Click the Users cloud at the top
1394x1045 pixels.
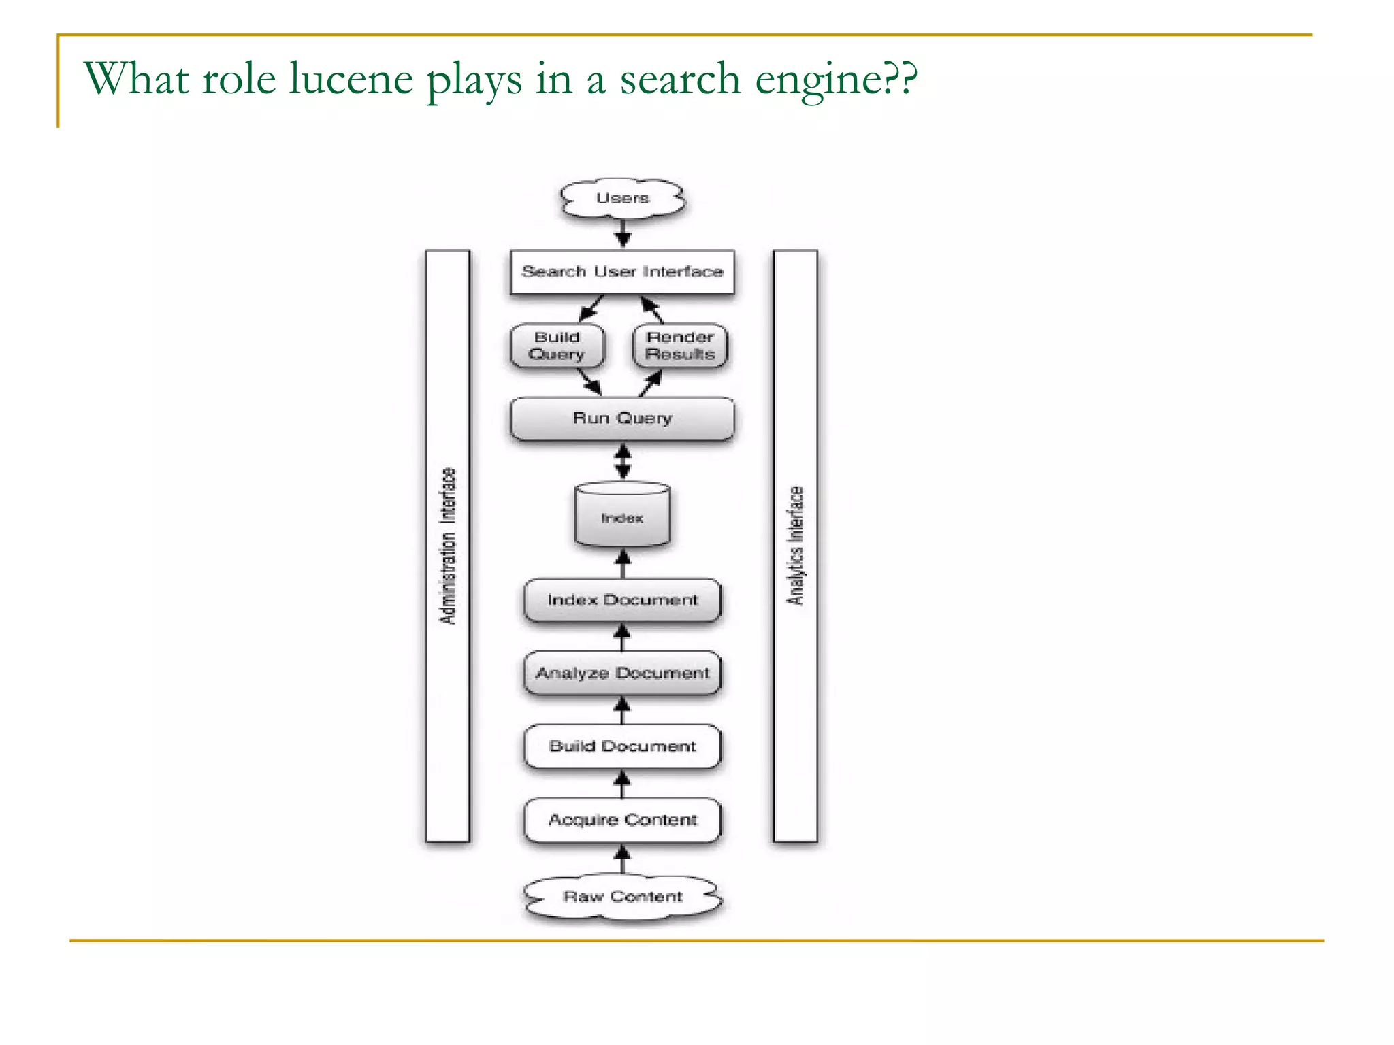pyautogui.click(x=622, y=198)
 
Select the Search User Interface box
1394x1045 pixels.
pyautogui.click(x=622, y=272)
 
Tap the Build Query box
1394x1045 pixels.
pyautogui.click(x=557, y=346)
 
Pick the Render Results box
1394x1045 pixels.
pyautogui.click(x=679, y=346)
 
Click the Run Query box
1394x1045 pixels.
pyautogui.click(x=622, y=418)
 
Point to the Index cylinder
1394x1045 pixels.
pyautogui.click(x=622, y=516)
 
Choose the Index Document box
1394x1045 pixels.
pyautogui.click(x=622, y=600)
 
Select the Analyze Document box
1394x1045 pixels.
pyautogui.click(x=622, y=673)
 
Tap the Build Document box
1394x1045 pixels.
pyautogui.click(x=622, y=746)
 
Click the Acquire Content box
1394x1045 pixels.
pyautogui.click(x=622, y=820)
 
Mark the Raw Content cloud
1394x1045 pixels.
pyautogui.click(x=622, y=897)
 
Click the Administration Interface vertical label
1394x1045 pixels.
pyautogui.click(x=447, y=546)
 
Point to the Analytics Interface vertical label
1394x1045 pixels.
pyautogui.click(x=795, y=546)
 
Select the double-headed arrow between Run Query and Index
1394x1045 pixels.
pyautogui.click(x=622, y=462)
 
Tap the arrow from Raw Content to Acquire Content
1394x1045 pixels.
pyautogui.click(x=622, y=859)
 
